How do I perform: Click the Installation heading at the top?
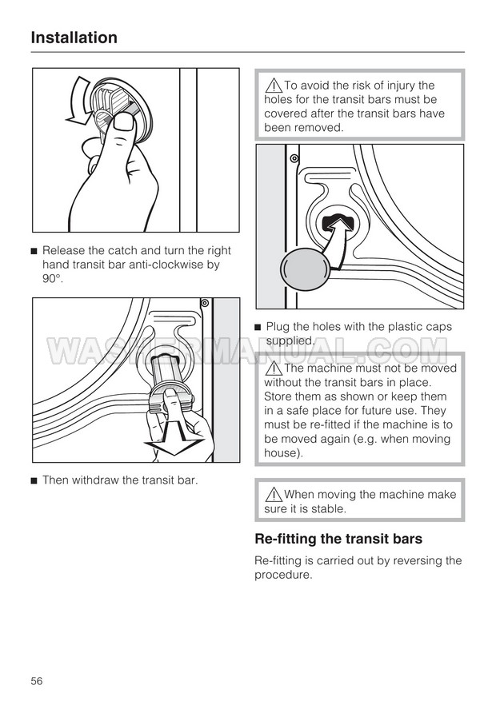74,38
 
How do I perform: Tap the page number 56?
37,680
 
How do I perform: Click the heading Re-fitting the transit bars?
338,539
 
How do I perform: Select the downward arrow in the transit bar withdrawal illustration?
171,439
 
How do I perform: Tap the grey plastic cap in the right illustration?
306,269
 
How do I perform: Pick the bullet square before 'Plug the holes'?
258,327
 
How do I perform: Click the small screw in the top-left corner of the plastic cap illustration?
294,158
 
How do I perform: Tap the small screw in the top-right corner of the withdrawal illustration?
206,304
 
